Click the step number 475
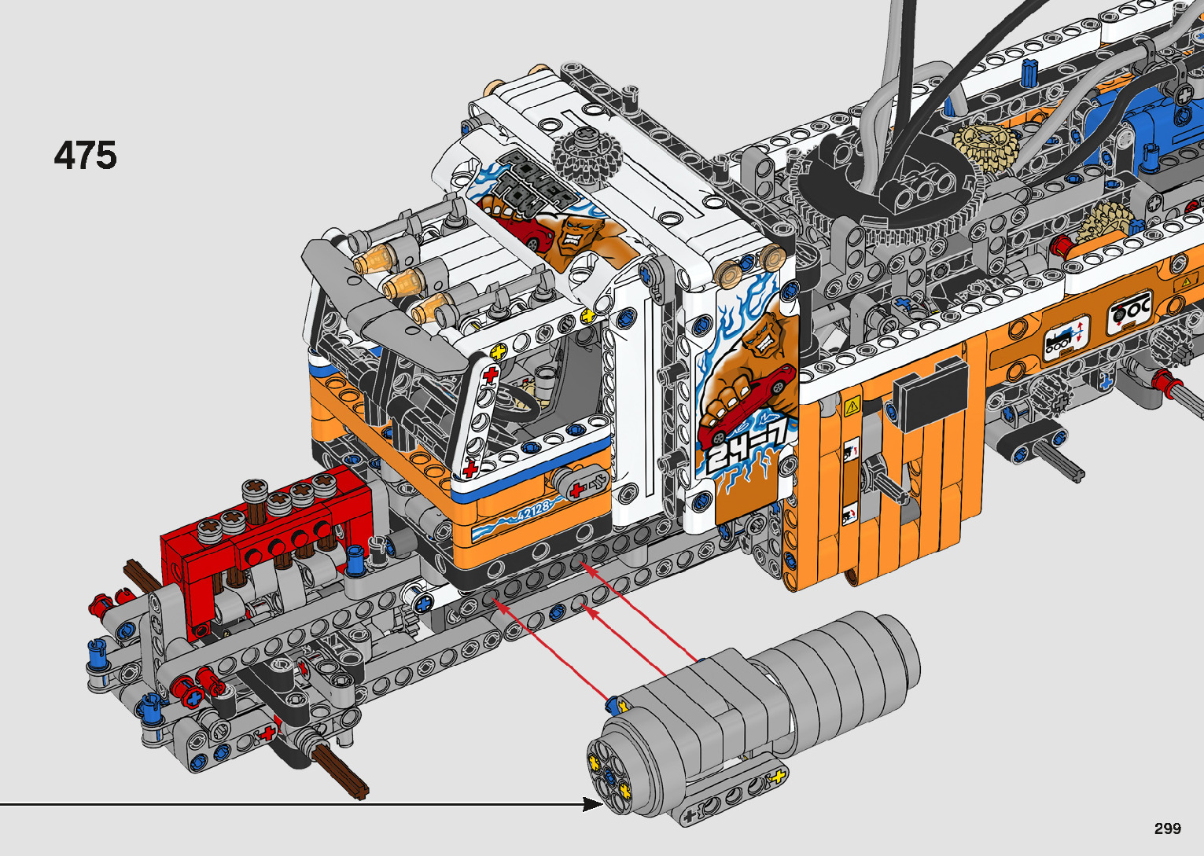[85, 156]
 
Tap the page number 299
[1168, 828]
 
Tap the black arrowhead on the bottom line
[592, 804]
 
